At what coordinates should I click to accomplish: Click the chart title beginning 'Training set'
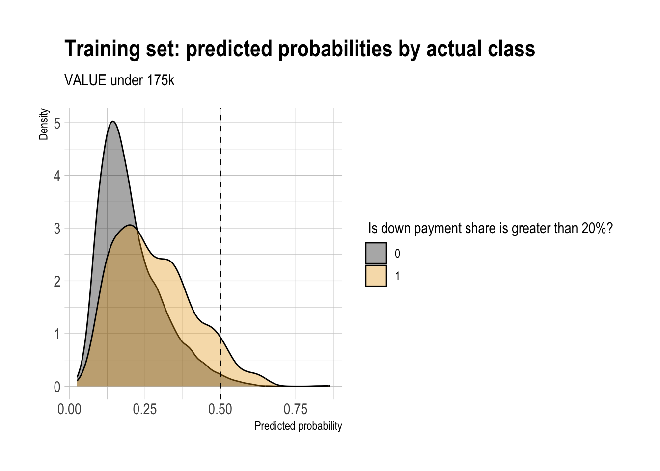[300, 49]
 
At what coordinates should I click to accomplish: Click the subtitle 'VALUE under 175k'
[119, 80]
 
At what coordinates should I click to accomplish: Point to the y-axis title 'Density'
[44, 125]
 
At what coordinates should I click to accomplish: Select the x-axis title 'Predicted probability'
[298, 426]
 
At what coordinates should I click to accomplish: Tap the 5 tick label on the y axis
[57, 123]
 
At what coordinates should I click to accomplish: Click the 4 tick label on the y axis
[57, 176]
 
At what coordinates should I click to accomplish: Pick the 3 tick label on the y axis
[57, 228]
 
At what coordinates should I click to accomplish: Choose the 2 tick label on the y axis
[57, 281]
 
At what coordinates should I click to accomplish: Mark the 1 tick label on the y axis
[57, 334]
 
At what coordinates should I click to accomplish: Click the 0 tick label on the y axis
[57, 387]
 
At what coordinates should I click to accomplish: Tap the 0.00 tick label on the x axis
[69, 409]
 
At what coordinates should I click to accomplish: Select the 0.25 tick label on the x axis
[145, 409]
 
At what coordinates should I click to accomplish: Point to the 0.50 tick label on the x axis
[220, 409]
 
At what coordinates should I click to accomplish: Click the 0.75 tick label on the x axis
[296, 409]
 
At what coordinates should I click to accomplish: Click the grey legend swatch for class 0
[376, 253]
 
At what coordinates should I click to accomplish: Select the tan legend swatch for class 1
[376, 276]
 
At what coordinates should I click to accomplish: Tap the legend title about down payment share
[490, 228]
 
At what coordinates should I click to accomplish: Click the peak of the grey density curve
[113, 121]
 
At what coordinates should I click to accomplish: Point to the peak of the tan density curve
[130, 225]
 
